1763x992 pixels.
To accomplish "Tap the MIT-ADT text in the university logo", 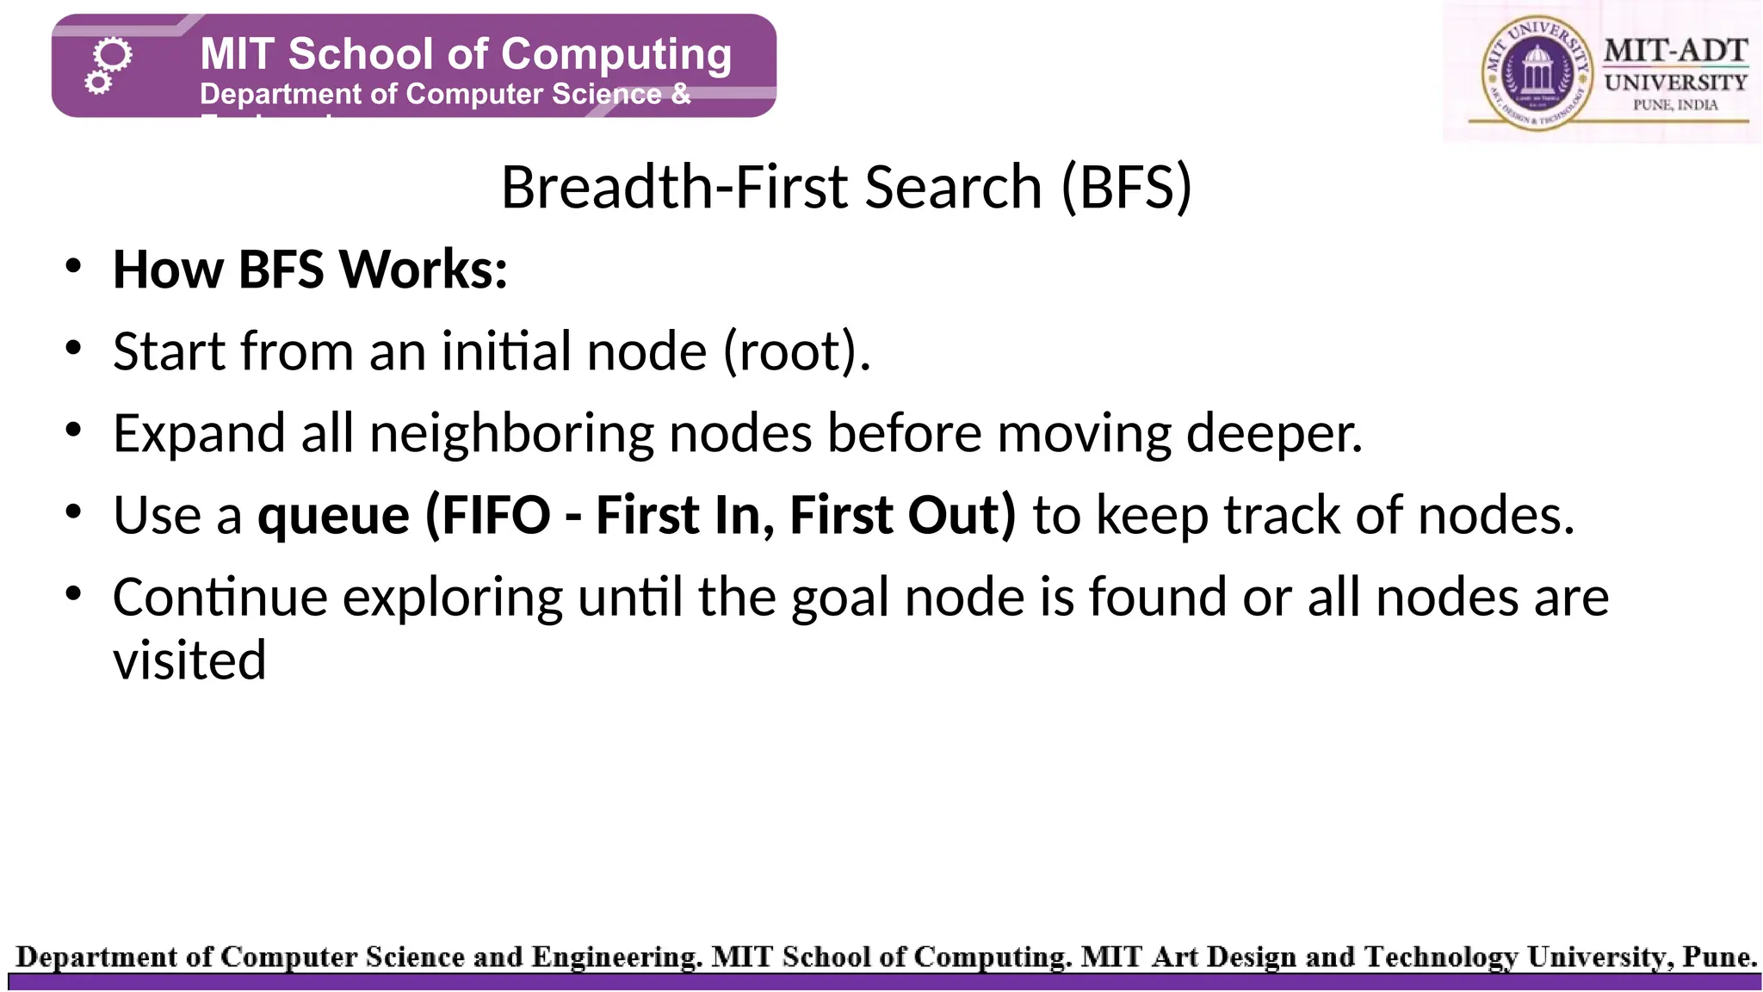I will (x=1674, y=51).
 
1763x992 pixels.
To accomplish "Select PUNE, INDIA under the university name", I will (x=1675, y=105).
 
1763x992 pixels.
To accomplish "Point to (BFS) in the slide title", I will (x=1126, y=187).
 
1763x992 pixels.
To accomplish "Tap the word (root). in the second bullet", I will (x=796, y=351).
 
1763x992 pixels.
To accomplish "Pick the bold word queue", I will (x=334, y=515).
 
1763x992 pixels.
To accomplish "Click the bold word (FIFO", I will (x=488, y=515).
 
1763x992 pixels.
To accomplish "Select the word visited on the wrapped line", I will (x=189, y=660).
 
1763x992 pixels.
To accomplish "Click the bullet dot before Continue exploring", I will (x=73, y=594).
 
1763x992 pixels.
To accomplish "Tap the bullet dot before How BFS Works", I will (x=73, y=267).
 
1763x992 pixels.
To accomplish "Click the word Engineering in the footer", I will (x=615, y=957).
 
